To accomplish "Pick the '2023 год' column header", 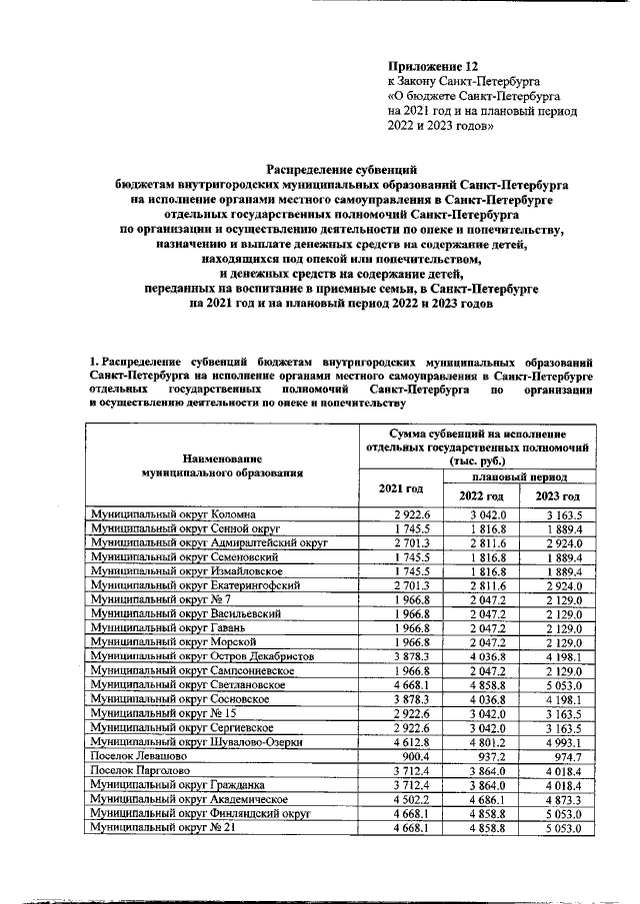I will [x=557, y=496].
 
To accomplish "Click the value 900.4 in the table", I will [x=412, y=756].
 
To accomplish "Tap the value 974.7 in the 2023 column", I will [x=564, y=756].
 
